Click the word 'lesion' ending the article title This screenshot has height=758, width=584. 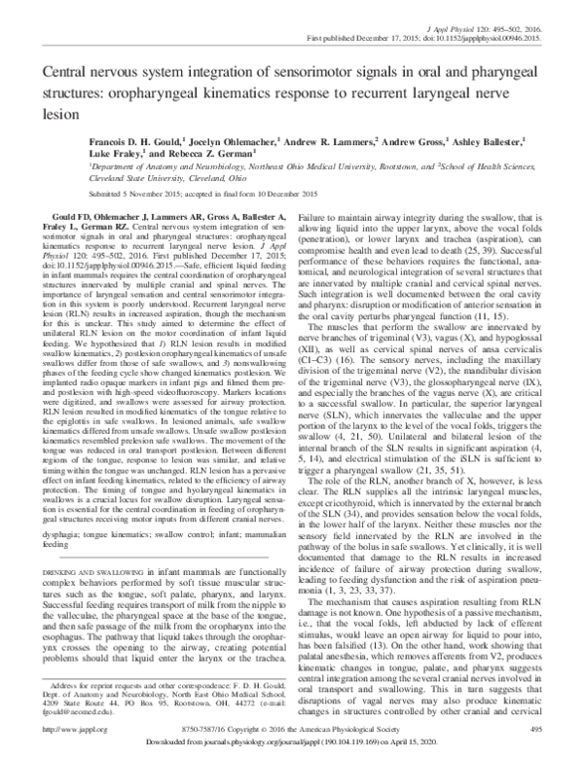[x=51, y=111]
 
